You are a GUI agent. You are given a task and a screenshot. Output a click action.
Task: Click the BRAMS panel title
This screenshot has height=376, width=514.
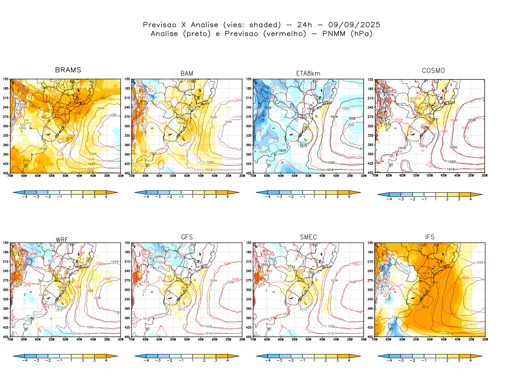click(68, 70)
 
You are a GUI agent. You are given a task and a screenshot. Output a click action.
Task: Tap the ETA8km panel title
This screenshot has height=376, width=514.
click(308, 74)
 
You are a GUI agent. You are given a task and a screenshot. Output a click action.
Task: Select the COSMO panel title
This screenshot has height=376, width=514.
click(433, 71)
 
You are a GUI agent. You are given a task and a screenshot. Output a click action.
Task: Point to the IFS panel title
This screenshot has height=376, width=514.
click(430, 237)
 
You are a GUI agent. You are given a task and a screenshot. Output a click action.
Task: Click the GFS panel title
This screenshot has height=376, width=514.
click(187, 237)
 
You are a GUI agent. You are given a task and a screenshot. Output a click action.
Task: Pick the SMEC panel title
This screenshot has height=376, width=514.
click(308, 237)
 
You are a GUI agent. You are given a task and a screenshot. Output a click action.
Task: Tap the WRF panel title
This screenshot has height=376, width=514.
click(62, 240)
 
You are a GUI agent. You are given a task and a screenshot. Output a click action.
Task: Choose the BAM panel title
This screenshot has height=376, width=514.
click(187, 74)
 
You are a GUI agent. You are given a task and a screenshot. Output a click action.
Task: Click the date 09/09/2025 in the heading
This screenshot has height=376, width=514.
click(354, 25)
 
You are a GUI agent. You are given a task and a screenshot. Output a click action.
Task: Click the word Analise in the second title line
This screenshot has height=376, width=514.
click(164, 34)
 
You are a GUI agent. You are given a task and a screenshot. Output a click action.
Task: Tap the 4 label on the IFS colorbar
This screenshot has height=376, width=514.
click(470, 361)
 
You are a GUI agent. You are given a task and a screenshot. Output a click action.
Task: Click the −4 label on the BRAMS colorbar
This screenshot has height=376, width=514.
click(25, 197)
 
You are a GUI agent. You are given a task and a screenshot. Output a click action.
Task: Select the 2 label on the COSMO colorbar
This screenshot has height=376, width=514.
click(447, 199)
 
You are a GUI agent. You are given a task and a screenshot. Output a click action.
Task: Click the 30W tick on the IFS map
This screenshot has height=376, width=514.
click(485, 340)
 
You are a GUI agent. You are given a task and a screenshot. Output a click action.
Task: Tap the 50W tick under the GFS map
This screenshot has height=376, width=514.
click(187, 340)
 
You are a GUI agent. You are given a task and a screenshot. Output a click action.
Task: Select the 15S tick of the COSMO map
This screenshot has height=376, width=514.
click(370, 80)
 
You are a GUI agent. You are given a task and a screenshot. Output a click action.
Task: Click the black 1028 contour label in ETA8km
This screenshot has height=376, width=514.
click(352, 118)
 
